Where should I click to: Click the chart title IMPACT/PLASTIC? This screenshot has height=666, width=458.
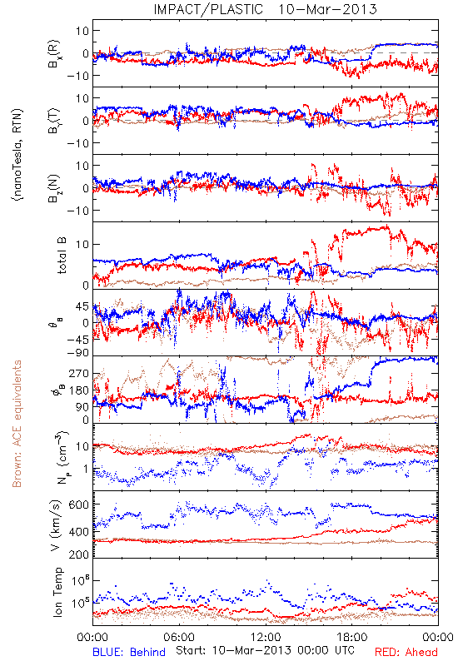coord(208,9)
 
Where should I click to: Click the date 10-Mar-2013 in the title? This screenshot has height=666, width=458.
coord(327,9)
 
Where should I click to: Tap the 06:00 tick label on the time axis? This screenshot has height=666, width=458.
coord(179,637)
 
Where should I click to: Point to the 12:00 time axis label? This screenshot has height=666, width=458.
coord(266,637)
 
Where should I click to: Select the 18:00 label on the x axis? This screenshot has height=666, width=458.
coord(352,637)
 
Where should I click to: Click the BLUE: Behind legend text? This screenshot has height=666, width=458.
coord(129,652)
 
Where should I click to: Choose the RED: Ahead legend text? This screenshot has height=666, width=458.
coord(406,652)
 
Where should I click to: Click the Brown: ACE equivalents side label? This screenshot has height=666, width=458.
coord(17,424)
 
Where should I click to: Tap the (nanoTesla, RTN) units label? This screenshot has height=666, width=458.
coord(17,155)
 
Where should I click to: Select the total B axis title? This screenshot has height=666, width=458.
coord(62,256)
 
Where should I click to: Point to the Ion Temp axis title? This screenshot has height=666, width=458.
coord(57,592)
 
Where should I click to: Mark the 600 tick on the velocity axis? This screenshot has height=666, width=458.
coord(79,504)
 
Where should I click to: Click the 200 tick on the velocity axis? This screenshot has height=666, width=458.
coord(79,554)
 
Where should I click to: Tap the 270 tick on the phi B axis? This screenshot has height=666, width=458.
coord(79,373)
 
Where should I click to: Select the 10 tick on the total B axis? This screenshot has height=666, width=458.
coord(82,244)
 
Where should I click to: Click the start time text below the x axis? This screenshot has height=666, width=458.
coord(265,650)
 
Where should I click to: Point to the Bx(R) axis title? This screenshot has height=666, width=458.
coord(54,53)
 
